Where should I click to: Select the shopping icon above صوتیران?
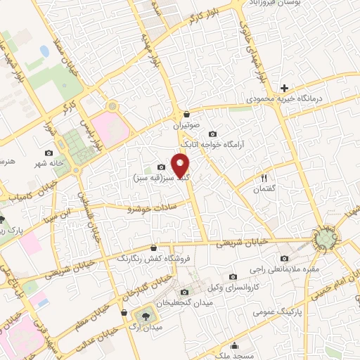pos(186,114)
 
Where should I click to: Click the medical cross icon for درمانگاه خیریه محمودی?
pos(283,88)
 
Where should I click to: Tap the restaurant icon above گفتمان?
pos(265,178)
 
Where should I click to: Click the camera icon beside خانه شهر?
pos(49,153)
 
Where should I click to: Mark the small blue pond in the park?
pos(44,51)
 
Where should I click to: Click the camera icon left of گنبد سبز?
pos(161,167)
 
